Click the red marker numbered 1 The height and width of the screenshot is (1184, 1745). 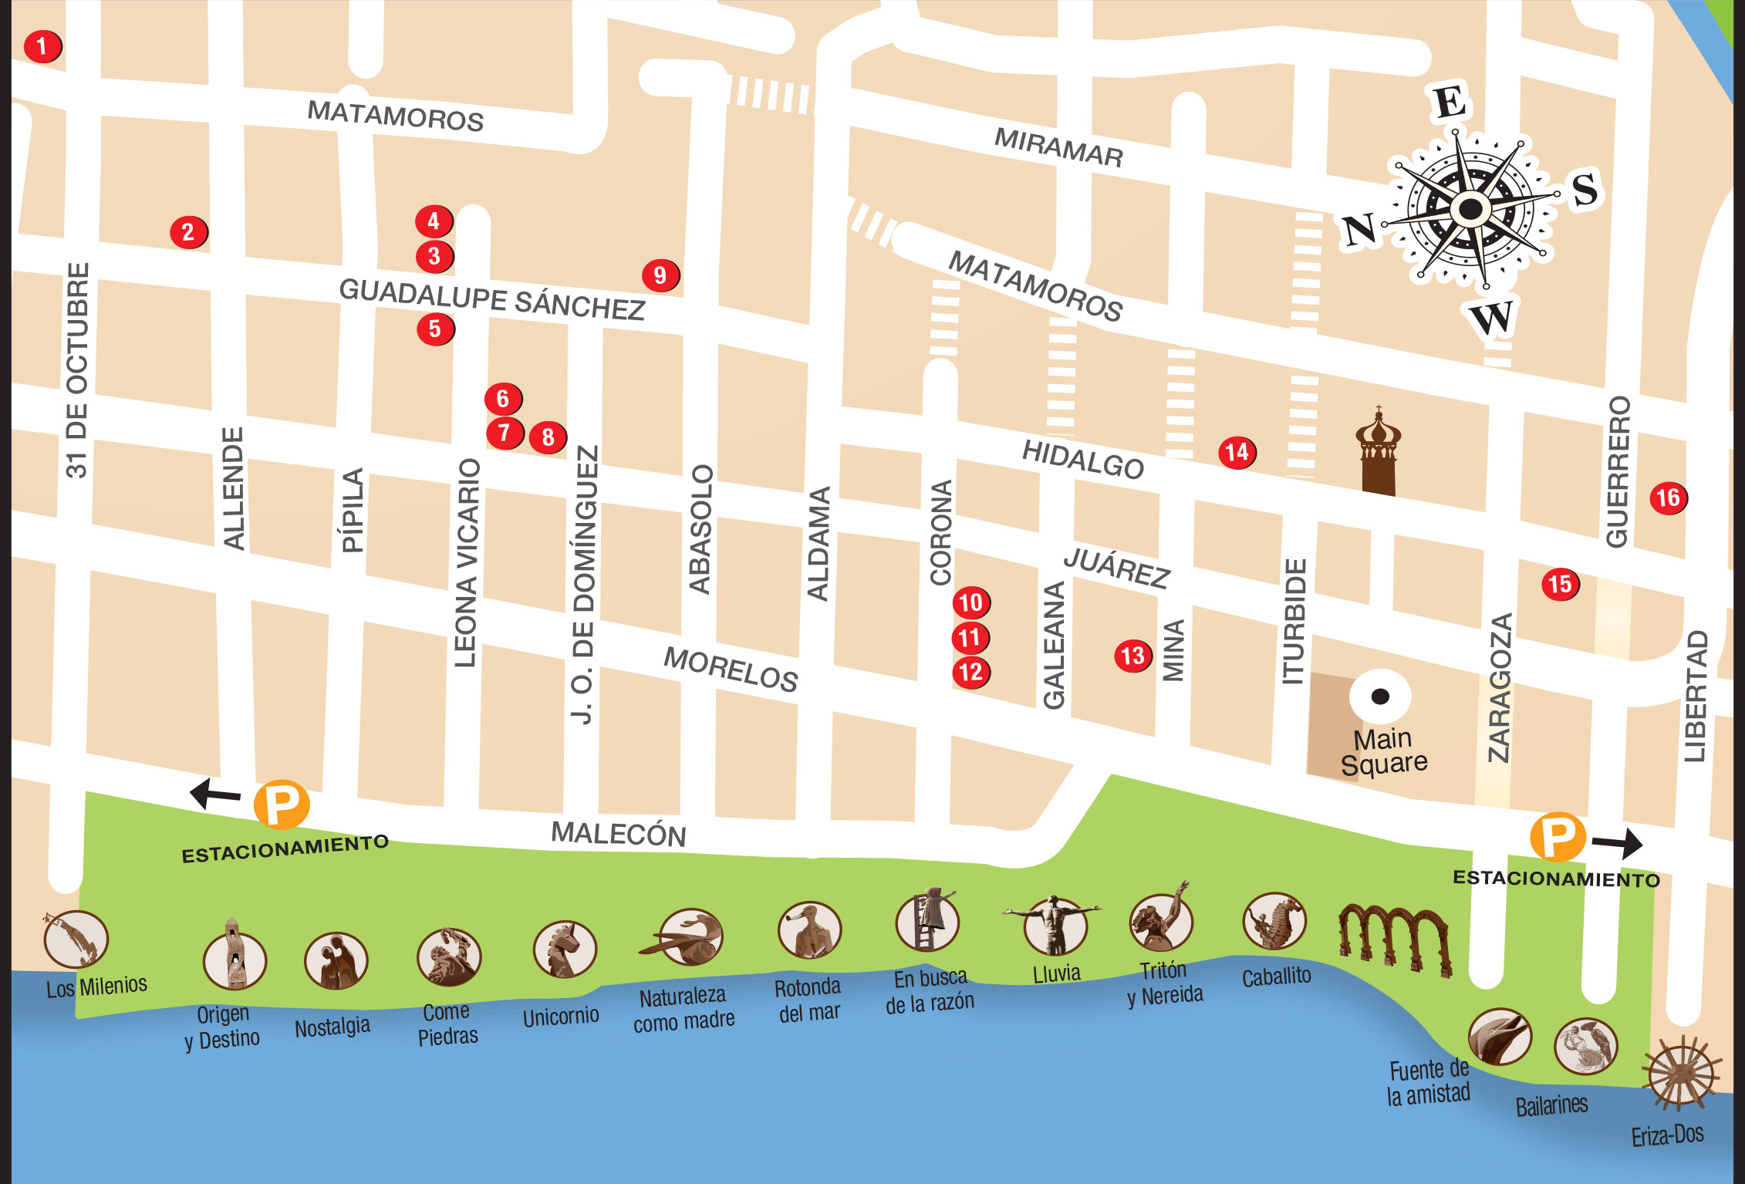pyautogui.click(x=42, y=46)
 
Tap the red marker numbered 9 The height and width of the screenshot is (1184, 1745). pyautogui.click(x=660, y=275)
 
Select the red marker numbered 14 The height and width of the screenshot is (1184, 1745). pyautogui.click(x=1237, y=452)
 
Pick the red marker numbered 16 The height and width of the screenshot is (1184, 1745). pyautogui.click(x=1668, y=498)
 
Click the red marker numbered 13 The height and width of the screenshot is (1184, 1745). pyautogui.click(x=1132, y=656)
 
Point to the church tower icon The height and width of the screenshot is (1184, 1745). pyautogui.click(x=1379, y=455)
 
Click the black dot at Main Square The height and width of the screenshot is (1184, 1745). pyautogui.click(x=1380, y=697)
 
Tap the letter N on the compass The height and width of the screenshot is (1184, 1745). pyautogui.click(x=1359, y=230)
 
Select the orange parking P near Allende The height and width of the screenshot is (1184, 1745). pyautogui.click(x=282, y=805)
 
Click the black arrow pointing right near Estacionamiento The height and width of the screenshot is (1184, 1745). pyautogui.click(x=1618, y=843)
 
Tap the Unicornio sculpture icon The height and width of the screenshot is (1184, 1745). pyautogui.click(x=564, y=950)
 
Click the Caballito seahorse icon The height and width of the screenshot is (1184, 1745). pyautogui.click(x=1274, y=921)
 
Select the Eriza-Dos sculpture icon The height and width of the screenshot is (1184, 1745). pyautogui.click(x=1681, y=1074)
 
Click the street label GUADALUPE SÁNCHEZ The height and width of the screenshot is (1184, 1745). pyautogui.click(x=491, y=299)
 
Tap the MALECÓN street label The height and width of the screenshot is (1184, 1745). pyautogui.click(x=618, y=834)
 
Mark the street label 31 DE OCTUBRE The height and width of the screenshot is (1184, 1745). pyautogui.click(x=77, y=370)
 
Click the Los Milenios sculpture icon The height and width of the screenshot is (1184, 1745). pyautogui.click(x=76, y=939)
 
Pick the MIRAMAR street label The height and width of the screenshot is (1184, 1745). pyautogui.click(x=1058, y=147)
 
